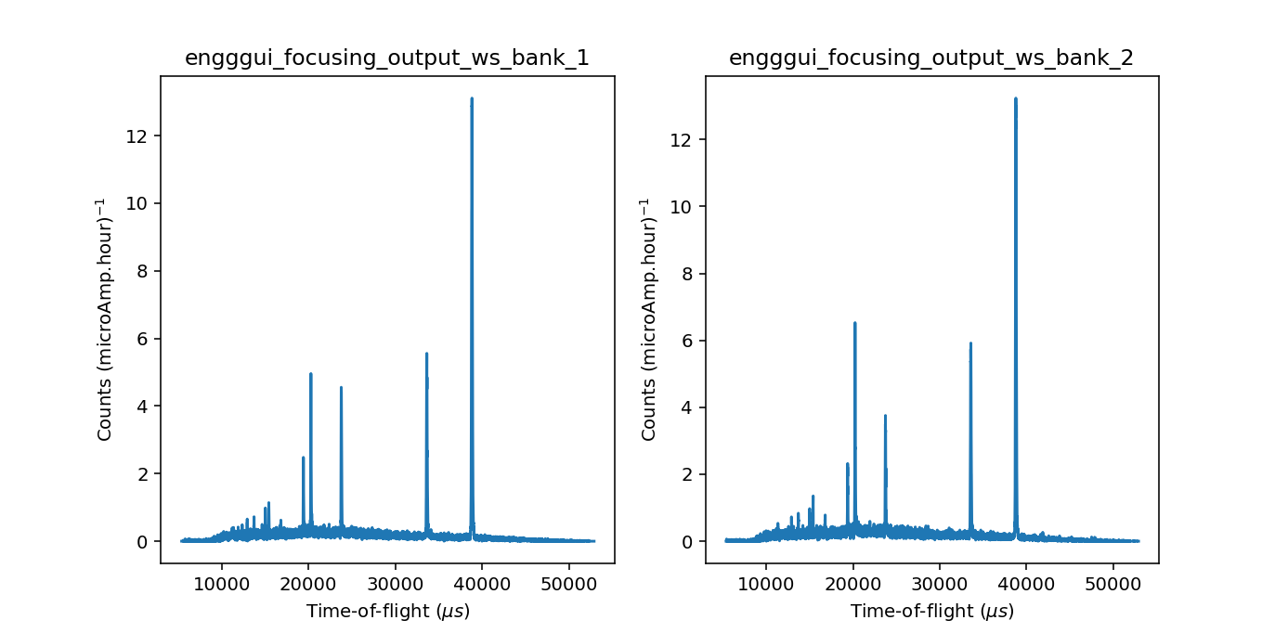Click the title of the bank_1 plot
(x=387, y=58)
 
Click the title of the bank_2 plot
(x=930, y=58)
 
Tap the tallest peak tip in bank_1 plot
(x=472, y=98)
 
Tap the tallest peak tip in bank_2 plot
(x=1016, y=98)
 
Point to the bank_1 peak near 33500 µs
(x=426, y=354)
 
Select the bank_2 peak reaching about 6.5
(x=855, y=323)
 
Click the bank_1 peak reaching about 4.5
(x=341, y=388)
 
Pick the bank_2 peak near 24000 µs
(x=886, y=415)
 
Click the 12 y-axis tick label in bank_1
(x=136, y=136)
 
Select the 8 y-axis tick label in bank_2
(x=686, y=274)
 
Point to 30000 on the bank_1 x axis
(x=395, y=584)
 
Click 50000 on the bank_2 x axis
(x=1112, y=584)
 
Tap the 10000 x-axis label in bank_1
(x=221, y=584)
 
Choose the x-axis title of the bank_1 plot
(x=388, y=611)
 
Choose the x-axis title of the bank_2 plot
(x=932, y=611)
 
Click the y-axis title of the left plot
(x=103, y=319)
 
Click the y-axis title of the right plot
(x=648, y=319)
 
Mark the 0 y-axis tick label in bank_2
(x=686, y=542)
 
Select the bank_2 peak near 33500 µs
(x=970, y=343)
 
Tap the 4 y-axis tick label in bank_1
(x=141, y=407)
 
